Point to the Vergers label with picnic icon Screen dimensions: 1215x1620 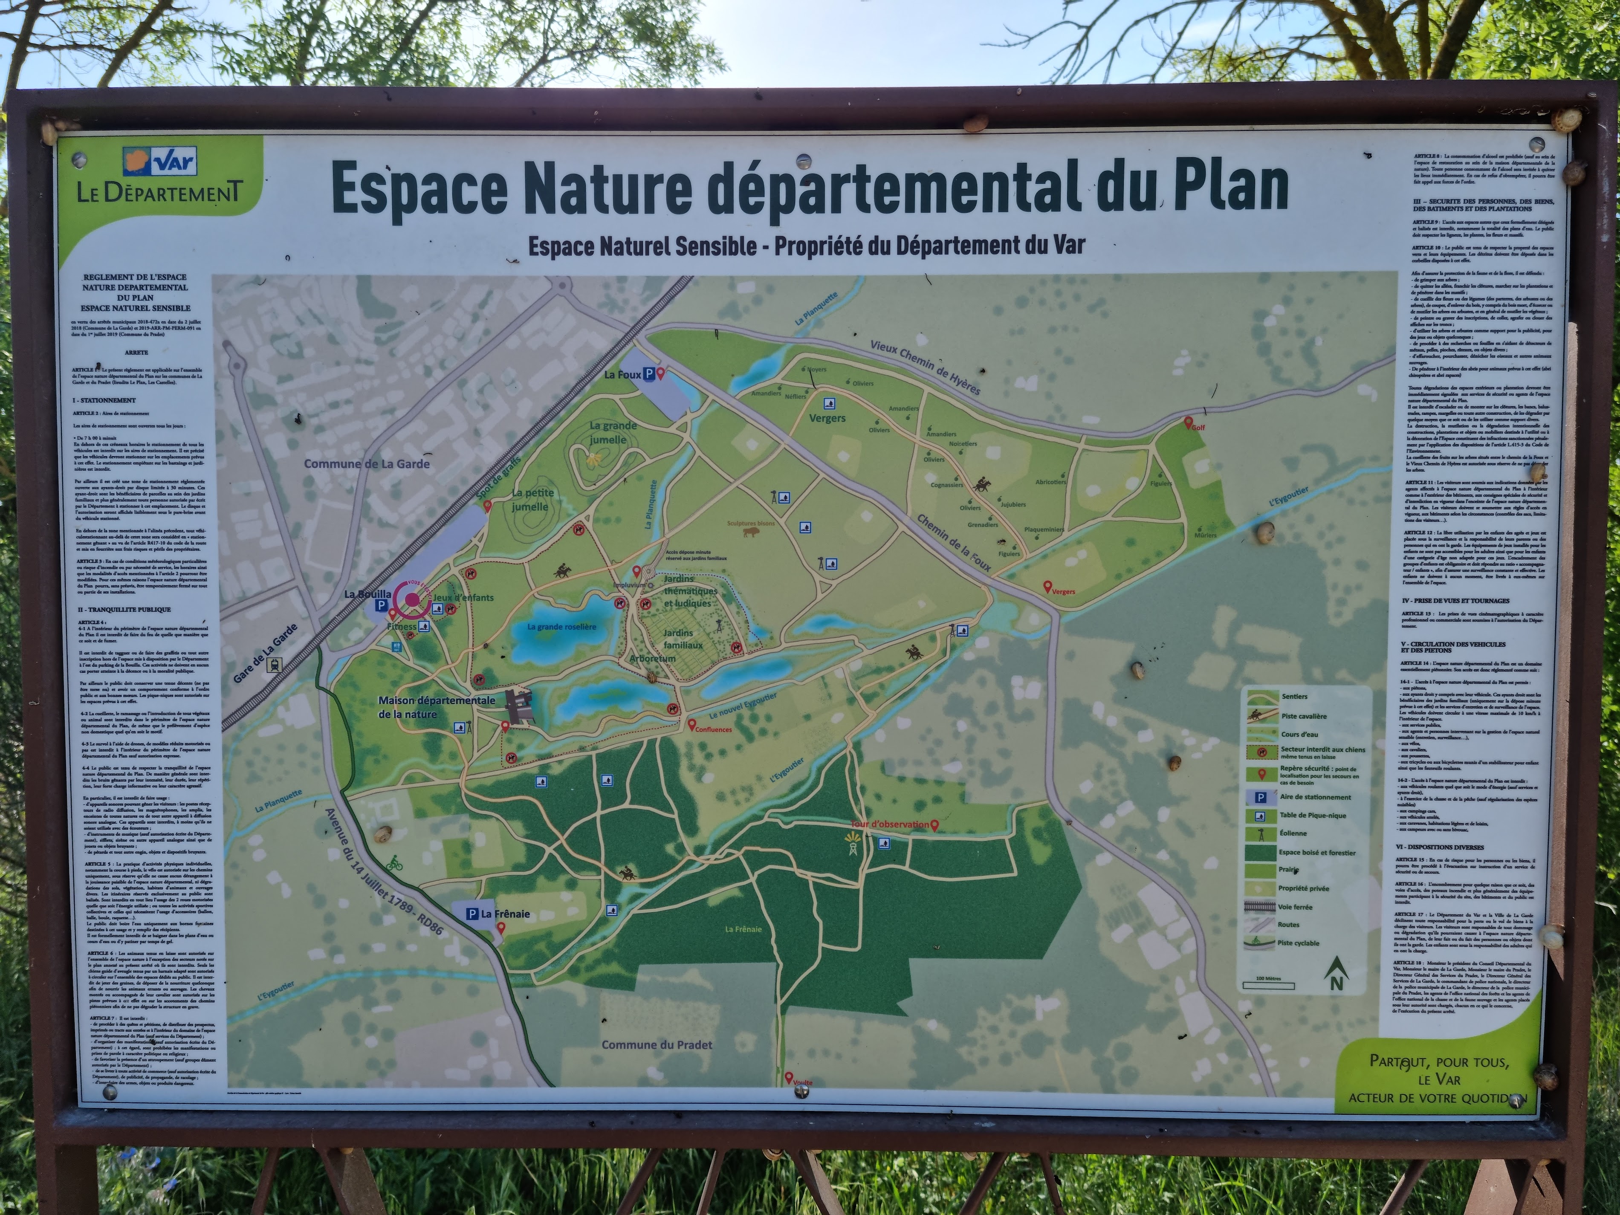coord(827,418)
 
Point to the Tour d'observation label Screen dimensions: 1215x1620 coord(889,824)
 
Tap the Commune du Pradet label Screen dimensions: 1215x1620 coord(656,1045)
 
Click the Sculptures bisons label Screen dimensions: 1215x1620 coord(751,524)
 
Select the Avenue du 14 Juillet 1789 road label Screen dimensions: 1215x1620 coord(385,871)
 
